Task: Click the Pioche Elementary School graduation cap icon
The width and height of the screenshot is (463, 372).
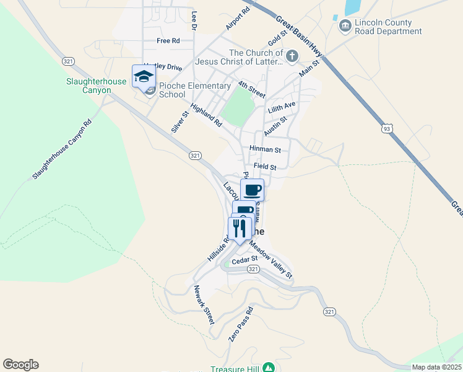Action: (x=144, y=76)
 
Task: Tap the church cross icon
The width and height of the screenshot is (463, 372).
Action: (x=292, y=56)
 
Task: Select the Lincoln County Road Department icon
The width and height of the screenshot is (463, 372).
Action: (x=345, y=25)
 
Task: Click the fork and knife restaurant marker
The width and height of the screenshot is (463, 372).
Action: (x=240, y=228)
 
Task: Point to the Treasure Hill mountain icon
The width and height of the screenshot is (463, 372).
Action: (x=269, y=367)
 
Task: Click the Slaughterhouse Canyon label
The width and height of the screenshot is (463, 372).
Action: (x=89, y=86)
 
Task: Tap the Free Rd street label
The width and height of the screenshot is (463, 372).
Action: (x=168, y=41)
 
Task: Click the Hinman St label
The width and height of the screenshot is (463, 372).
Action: (x=265, y=149)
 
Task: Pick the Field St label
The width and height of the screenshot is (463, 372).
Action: (x=265, y=167)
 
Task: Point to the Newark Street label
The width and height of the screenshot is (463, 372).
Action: (x=204, y=305)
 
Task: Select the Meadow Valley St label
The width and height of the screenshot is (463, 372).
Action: (x=270, y=259)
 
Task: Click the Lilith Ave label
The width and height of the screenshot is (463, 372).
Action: (x=282, y=107)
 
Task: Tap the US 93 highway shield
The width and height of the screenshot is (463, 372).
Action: (x=387, y=129)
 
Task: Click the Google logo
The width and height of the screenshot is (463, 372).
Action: (x=20, y=365)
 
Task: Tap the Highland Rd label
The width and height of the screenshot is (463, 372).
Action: (x=206, y=115)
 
